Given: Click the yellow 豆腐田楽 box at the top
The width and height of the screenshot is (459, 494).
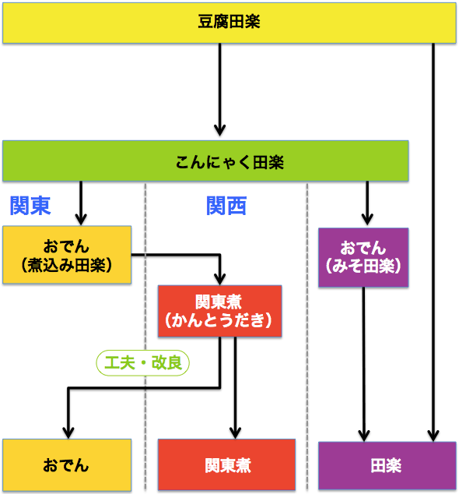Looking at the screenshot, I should [229, 23].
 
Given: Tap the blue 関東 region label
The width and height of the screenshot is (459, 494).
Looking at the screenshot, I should [30, 206].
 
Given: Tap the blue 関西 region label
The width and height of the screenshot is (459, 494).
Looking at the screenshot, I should [226, 206].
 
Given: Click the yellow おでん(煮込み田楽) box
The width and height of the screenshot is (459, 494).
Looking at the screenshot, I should [66, 255].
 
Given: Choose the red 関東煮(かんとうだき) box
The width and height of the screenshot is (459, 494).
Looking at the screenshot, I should [220, 311].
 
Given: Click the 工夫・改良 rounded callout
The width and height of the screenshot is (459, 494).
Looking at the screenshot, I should [142, 362].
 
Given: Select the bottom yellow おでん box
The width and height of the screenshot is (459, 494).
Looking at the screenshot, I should [66, 465].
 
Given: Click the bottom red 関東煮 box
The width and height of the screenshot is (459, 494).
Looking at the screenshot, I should [226, 465].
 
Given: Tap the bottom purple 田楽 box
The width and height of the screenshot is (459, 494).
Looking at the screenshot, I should [387, 465].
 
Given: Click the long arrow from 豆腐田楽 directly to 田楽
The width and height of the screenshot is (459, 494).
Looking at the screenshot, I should [433, 234].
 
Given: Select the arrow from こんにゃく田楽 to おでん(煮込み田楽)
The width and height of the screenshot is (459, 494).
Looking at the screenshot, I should [80, 204].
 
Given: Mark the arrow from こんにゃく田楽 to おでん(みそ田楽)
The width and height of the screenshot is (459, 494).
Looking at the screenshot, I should [368, 205].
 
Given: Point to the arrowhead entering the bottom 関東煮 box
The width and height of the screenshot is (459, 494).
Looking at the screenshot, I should [235, 431].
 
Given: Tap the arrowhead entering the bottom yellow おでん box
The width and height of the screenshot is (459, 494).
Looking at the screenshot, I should [69, 431].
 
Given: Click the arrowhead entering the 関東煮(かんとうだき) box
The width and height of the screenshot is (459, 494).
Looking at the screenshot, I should [220, 277].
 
